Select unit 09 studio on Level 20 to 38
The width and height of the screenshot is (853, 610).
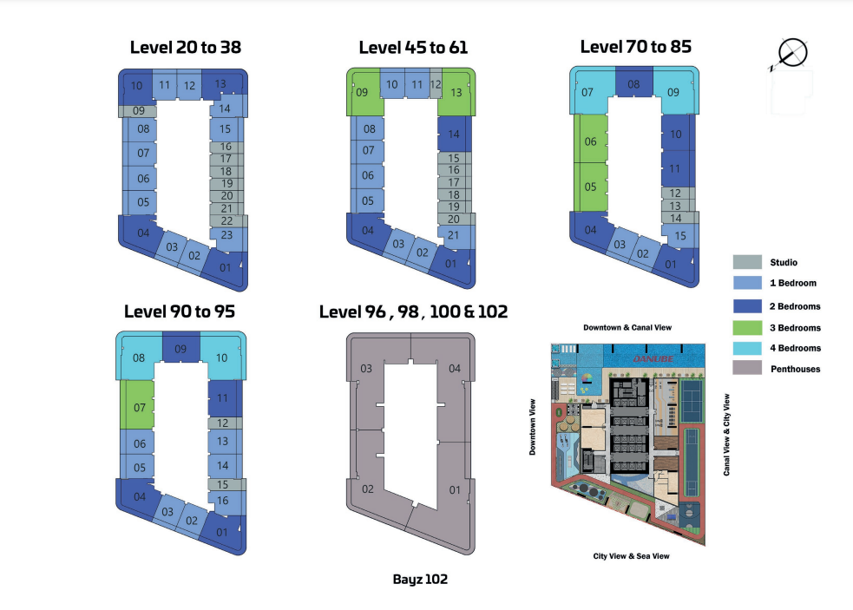click(x=138, y=111)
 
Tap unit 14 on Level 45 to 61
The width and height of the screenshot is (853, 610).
click(x=454, y=134)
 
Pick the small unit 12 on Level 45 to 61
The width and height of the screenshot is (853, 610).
click(x=436, y=84)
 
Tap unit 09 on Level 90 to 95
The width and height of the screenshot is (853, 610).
click(x=181, y=348)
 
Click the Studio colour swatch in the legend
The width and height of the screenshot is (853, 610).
click(x=747, y=262)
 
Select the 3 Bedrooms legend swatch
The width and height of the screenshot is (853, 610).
click(x=747, y=328)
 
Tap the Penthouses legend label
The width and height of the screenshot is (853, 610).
click(x=796, y=369)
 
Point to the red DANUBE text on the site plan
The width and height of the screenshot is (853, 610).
click(x=653, y=358)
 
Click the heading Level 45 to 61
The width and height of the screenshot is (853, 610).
click(x=413, y=48)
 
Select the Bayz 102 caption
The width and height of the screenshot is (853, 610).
click(x=420, y=579)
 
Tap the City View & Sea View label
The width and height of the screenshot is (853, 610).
click(x=631, y=556)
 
